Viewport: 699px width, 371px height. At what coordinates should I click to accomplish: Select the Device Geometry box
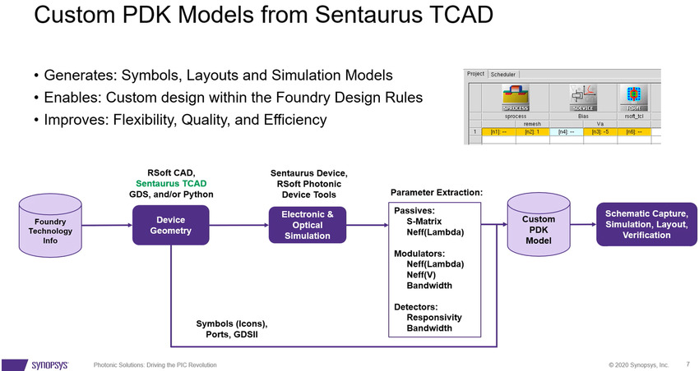(170, 225)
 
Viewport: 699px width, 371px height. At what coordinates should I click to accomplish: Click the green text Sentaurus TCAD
(171, 183)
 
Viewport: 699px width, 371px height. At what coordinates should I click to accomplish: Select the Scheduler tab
(502, 74)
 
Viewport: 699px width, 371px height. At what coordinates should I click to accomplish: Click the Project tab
(475, 74)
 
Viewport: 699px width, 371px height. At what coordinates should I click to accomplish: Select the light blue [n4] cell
(565, 131)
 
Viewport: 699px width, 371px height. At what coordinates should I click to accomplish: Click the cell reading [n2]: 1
(531, 131)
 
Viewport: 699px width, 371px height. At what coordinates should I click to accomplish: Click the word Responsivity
(433, 318)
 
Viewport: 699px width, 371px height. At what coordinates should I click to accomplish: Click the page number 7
(687, 363)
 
